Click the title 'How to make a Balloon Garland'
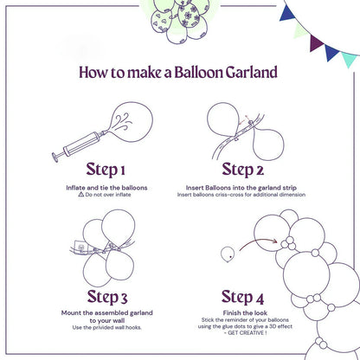point(179,71)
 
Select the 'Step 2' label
point(247,169)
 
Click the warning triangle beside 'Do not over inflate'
point(81,195)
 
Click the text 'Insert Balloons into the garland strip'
point(248,187)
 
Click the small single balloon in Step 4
point(228,254)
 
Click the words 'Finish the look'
point(248,312)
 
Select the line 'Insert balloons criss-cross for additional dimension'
point(248,195)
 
